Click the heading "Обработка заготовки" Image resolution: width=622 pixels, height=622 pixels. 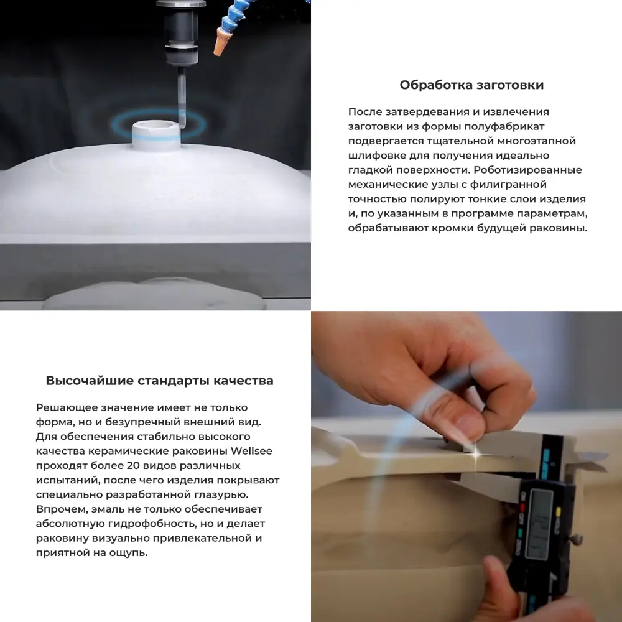[471, 85]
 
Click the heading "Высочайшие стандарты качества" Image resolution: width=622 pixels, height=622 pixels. [159, 381]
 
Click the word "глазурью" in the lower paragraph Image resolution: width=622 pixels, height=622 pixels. [223, 494]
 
